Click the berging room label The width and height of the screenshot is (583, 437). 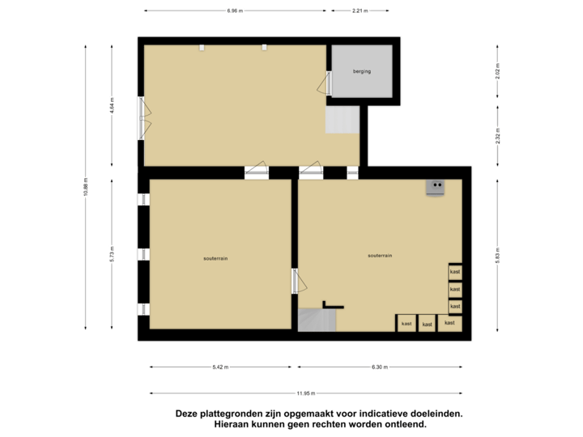361,72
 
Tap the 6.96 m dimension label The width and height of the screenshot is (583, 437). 235,11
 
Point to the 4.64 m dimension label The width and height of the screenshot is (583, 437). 112,106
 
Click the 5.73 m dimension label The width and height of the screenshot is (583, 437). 112,255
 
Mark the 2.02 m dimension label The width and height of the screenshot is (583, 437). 497,71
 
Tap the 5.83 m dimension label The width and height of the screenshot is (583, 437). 497,255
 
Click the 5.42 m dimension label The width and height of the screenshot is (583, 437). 219,367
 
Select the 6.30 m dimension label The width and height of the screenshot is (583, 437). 380,367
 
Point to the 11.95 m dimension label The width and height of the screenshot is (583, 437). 304,393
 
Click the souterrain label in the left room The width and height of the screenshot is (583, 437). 215,258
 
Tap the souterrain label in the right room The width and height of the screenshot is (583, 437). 380,255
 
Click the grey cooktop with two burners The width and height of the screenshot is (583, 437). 437,187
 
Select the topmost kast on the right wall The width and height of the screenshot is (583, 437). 455,272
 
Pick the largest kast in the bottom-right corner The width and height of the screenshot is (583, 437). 449,323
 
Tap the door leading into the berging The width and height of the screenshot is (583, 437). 329,83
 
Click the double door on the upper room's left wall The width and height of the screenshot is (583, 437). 143,118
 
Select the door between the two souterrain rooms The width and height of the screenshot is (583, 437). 296,281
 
